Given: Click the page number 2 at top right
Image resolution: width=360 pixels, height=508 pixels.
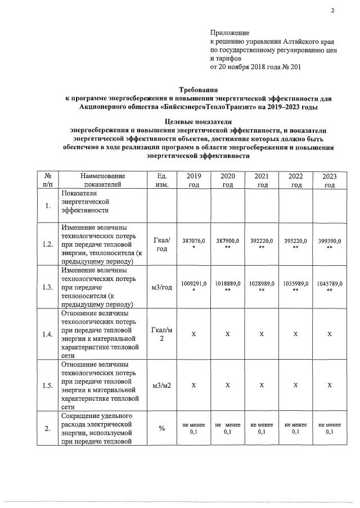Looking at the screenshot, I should pos(332,11).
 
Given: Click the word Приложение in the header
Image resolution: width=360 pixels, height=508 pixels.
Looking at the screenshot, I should pos(229,33).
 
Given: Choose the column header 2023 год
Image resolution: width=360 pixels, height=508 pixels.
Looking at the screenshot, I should pos(329,180).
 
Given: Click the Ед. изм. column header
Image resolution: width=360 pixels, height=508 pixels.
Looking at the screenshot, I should pos(161,180).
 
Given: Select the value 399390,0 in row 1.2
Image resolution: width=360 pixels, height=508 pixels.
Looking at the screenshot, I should pos(329,241).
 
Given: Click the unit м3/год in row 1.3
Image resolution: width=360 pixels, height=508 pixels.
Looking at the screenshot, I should pos(161,287).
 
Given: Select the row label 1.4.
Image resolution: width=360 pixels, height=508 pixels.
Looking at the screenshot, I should pos(47,334).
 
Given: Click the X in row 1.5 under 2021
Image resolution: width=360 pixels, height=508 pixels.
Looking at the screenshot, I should pos(262,385).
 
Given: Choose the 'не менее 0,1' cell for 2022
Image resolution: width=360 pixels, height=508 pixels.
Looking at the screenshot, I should pos(296,429).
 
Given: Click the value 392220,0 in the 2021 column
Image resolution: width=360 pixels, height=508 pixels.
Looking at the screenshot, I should pos(262,241).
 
